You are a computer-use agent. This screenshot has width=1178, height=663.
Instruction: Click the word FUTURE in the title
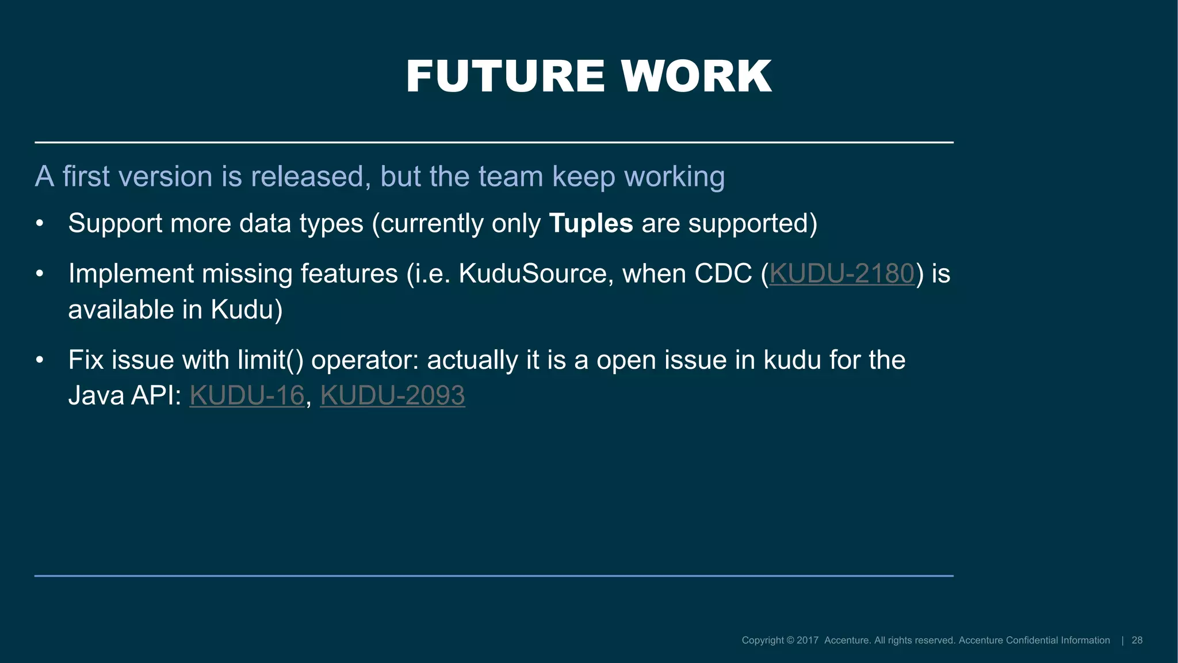[505, 77]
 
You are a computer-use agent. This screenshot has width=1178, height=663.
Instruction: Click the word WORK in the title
[696, 77]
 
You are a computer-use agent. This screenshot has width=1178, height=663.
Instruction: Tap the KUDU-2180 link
[842, 273]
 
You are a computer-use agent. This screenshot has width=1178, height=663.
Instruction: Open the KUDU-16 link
[247, 395]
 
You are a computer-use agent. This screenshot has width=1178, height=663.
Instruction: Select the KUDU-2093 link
[392, 395]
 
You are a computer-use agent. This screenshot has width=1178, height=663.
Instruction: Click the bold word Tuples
[591, 223]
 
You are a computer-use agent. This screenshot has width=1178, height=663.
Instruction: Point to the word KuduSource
[532, 273]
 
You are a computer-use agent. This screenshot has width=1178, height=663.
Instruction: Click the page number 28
[1137, 641]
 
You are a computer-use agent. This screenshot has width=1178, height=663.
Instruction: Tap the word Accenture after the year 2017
[847, 641]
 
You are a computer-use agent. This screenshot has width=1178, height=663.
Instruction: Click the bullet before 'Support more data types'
[39, 224]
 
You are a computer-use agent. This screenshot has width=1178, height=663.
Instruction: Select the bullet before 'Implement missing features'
[39, 274]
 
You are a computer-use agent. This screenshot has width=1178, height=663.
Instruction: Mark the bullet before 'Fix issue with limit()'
[39, 360]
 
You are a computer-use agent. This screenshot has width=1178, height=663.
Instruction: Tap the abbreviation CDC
[723, 273]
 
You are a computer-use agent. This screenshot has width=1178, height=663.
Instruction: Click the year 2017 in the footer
[807, 641]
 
